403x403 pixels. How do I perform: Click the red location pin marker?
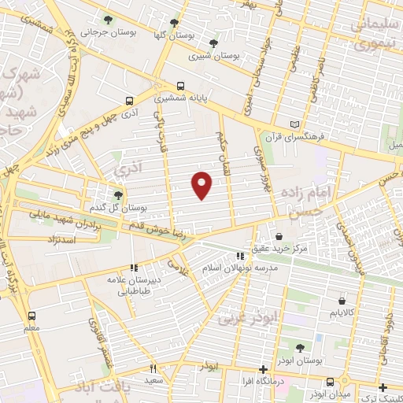point(202,184)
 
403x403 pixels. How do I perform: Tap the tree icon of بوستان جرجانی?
point(108,20)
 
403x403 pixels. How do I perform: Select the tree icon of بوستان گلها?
point(174,24)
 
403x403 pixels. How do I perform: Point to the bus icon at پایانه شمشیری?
point(182,86)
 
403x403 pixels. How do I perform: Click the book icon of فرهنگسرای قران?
point(295,124)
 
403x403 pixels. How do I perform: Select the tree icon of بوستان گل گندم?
point(118,194)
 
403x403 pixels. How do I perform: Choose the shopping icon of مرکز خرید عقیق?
point(280,236)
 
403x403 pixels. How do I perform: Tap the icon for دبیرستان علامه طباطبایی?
point(134,268)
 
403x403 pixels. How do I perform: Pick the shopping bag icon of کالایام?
point(342,300)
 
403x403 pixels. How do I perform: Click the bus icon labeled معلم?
point(31,314)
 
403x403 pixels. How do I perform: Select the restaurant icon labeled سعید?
point(153,368)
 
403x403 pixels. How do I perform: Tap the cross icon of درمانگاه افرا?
point(264,369)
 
